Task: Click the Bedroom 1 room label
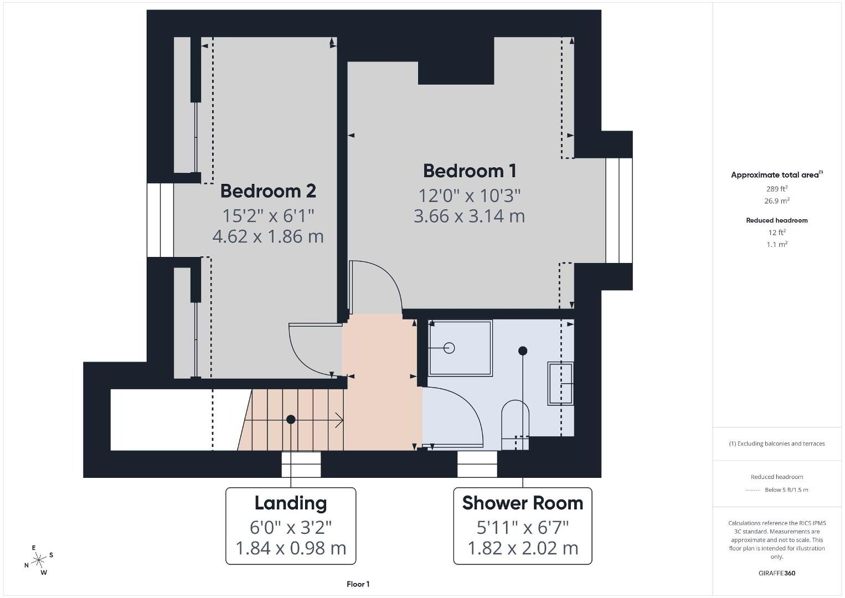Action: click(x=469, y=171)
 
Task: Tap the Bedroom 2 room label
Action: click(x=268, y=191)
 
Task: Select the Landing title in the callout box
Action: click(x=291, y=503)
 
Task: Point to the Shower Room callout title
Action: click(x=523, y=503)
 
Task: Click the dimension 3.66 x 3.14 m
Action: click(x=469, y=216)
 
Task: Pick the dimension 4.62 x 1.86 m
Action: click(x=268, y=236)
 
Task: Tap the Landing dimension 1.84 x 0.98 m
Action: click(x=291, y=548)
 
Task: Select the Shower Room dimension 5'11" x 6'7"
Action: click(x=523, y=527)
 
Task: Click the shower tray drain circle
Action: click(x=449, y=348)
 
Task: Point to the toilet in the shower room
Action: click(x=515, y=425)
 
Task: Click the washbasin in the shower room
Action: click(x=560, y=383)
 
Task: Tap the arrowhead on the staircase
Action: click(x=339, y=420)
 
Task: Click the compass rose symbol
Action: click(x=39, y=560)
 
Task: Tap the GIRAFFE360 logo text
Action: click(x=777, y=573)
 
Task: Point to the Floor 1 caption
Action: click(x=358, y=584)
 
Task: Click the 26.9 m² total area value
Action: click(x=777, y=200)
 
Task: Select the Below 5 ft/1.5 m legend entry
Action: click(x=786, y=489)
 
